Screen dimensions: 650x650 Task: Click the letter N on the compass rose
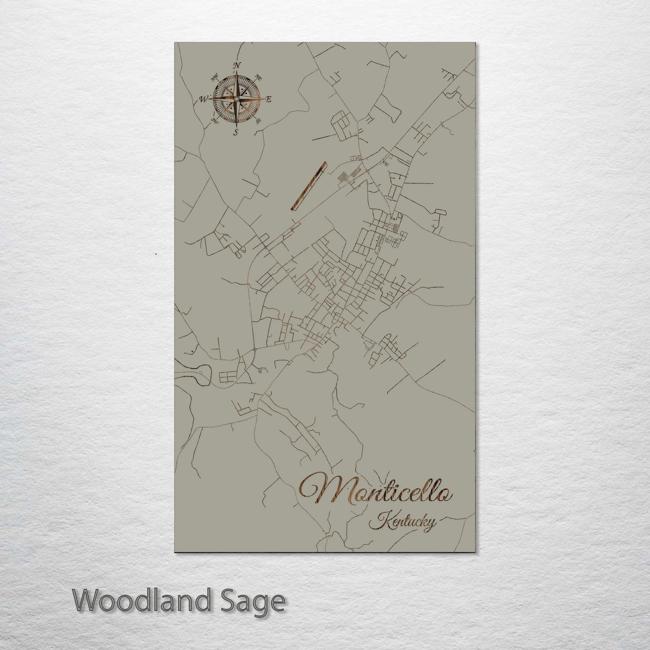[236, 65]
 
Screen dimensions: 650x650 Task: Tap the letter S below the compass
[235, 132]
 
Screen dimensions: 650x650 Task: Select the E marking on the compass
[269, 99]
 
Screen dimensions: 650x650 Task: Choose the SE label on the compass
[258, 121]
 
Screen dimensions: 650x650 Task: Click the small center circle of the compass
[236, 99]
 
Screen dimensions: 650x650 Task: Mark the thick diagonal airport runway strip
[309, 186]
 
